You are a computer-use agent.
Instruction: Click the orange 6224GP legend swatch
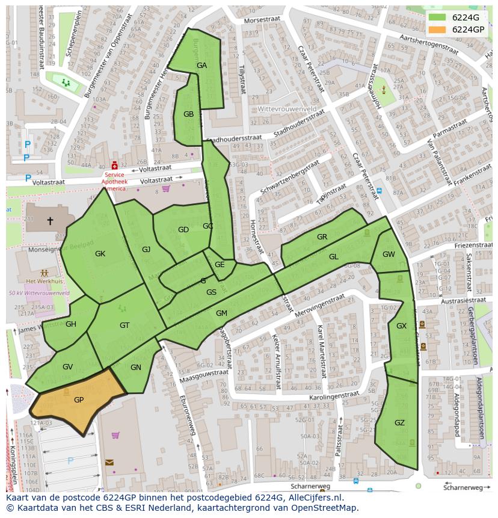(x=437, y=29)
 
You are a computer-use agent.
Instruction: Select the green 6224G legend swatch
(x=437, y=17)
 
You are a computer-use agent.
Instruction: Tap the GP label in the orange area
(x=79, y=399)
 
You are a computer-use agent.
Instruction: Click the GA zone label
(x=201, y=66)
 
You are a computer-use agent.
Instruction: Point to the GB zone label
(x=188, y=114)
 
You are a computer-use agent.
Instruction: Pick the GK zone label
(x=100, y=254)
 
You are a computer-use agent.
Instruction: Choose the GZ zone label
(x=399, y=423)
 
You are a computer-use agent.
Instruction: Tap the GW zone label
(x=389, y=254)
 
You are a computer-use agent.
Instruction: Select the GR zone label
(x=322, y=237)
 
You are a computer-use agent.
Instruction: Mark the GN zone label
(x=136, y=368)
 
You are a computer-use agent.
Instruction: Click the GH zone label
(x=71, y=324)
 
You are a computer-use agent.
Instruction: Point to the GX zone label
(x=401, y=325)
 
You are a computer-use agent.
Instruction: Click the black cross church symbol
(x=50, y=221)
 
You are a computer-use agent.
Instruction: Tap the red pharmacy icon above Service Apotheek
(x=114, y=165)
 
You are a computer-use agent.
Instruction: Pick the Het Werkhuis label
(x=45, y=281)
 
